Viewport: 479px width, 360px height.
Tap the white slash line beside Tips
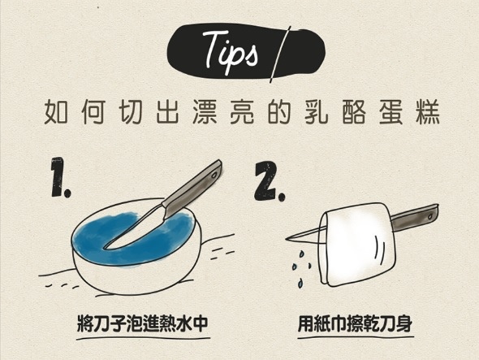(280, 54)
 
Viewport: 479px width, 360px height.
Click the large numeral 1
(60, 177)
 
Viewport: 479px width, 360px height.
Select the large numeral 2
(270, 181)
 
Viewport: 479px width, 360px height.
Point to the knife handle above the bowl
(192, 188)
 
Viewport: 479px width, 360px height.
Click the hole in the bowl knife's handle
(214, 176)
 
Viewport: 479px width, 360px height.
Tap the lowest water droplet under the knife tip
(301, 283)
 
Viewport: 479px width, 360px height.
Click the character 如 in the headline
(55, 112)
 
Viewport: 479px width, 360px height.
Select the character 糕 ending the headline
(429, 112)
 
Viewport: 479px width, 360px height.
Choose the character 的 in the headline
(279, 112)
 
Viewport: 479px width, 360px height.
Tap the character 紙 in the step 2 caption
(322, 323)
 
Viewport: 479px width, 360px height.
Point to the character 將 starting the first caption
(84, 323)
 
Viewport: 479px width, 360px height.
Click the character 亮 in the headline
(242, 112)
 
